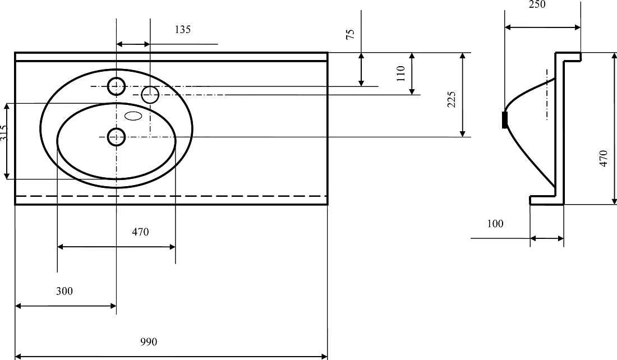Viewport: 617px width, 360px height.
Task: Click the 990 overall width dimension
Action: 149,342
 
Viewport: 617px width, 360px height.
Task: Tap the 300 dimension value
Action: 64,291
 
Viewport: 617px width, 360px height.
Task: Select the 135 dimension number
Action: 183,30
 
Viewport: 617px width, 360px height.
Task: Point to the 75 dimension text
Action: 350,34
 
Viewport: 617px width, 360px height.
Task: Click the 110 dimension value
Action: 400,73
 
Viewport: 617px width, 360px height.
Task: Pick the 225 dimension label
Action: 452,100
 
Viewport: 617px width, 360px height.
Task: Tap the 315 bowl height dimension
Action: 4,133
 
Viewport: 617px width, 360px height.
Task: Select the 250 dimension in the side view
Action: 537,4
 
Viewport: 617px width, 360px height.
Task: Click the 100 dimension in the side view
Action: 495,224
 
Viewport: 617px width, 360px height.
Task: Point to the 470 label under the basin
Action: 140,232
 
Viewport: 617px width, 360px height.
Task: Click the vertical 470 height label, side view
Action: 604,159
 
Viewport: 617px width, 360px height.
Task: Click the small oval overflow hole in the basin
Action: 133,116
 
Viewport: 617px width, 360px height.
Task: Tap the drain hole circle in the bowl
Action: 116,137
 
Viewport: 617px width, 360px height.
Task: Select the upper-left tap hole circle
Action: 116,86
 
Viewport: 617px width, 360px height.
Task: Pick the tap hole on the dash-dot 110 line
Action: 150,95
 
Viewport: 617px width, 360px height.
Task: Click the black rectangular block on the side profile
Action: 505,119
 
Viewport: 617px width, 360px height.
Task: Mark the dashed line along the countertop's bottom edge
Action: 171,196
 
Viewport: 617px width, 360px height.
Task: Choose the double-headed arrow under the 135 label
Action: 133,44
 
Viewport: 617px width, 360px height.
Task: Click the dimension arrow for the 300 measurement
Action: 65,306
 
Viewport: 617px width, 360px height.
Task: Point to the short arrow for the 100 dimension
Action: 547,238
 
